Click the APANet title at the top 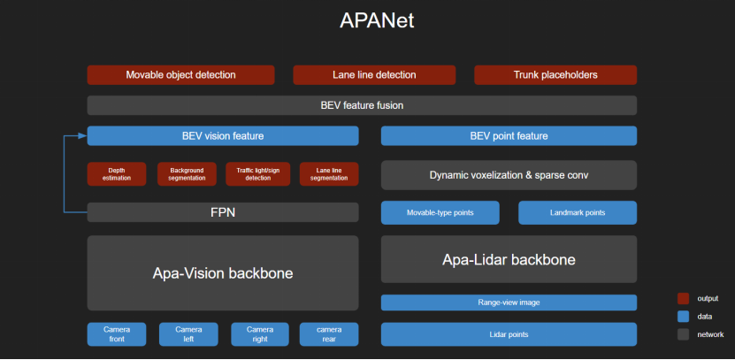(x=367, y=20)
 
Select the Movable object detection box (x=180, y=75)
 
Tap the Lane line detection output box (x=373, y=75)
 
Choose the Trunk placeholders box (x=555, y=75)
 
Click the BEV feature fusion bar (x=362, y=105)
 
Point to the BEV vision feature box (x=223, y=136)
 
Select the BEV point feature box (x=509, y=136)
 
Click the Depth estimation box (x=117, y=174)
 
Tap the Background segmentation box (x=187, y=174)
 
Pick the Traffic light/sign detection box (x=257, y=174)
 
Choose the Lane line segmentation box (x=328, y=174)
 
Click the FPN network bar (x=223, y=212)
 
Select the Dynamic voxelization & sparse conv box (x=509, y=175)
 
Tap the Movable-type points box (x=440, y=213)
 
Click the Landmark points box (x=577, y=213)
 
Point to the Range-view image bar (x=509, y=303)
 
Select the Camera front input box (x=117, y=334)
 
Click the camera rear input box (x=328, y=334)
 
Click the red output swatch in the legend (x=684, y=298)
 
